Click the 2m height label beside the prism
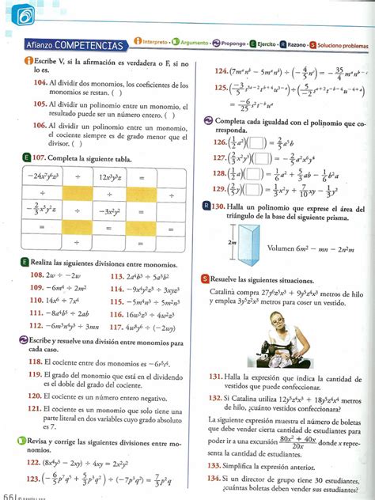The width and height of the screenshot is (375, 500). [230, 243]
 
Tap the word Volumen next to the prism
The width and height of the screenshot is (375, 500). [282, 248]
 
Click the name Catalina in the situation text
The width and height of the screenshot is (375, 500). [227, 291]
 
